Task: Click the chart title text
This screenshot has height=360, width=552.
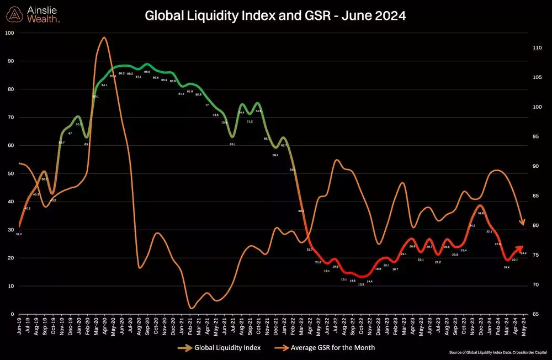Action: [x=275, y=16]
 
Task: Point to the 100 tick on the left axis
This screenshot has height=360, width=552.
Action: [x=9, y=33]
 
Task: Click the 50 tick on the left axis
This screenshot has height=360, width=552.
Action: [x=10, y=173]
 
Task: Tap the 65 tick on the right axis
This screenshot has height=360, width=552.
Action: [x=534, y=314]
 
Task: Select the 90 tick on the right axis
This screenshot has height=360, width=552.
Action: [x=534, y=166]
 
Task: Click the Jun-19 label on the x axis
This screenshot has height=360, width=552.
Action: [x=20, y=329]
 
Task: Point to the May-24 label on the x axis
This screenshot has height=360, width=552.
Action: [x=522, y=329]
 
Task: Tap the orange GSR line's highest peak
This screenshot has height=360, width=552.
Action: [x=104, y=38]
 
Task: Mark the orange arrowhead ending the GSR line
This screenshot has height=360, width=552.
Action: [x=522, y=223]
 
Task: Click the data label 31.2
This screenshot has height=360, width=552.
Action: [x=19, y=235]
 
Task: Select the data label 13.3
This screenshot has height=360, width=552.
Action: [x=360, y=284]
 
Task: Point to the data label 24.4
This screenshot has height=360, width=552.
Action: [x=523, y=253]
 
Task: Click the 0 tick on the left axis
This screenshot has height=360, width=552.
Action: [x=12, y=314]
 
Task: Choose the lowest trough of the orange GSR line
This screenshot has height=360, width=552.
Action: [x=192, y=308]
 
